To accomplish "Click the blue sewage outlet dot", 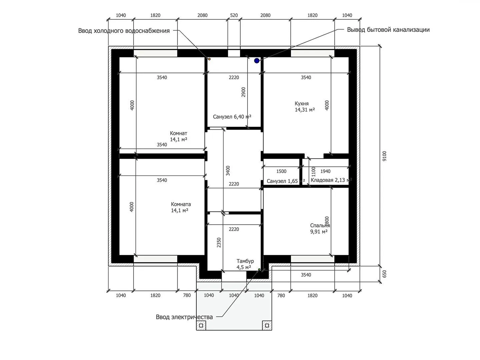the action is [x=257, y=61].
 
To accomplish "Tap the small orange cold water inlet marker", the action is [x=209, y=59].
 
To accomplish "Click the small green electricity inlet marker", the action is [x=259, y=270].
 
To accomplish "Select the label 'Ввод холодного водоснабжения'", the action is [x=124, y=31].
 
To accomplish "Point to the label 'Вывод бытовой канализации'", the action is [x=388, y=30].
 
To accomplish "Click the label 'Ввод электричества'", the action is [x=184, y=317].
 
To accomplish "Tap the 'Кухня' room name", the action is [x=302, y=104].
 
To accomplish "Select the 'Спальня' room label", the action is [x=320, y=225].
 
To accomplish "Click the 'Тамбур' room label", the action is [x=245, y=261].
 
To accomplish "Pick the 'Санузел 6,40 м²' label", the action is [x=232, y=117].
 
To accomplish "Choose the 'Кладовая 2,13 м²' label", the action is [x=331, y=180].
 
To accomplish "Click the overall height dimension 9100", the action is [x=384, y=156].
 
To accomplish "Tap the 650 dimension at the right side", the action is [x=384, y=274].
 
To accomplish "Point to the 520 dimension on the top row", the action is [x=234, y=15].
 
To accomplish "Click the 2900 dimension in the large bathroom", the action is [x=243, y=92].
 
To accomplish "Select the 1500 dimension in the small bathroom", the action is [x=281, y=171].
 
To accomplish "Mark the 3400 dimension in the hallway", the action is [x=228, y=171].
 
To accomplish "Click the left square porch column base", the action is [x=201, y=325].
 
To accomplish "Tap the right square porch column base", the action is [x=267, y=325].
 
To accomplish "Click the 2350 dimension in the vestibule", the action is [x=219, y=243].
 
